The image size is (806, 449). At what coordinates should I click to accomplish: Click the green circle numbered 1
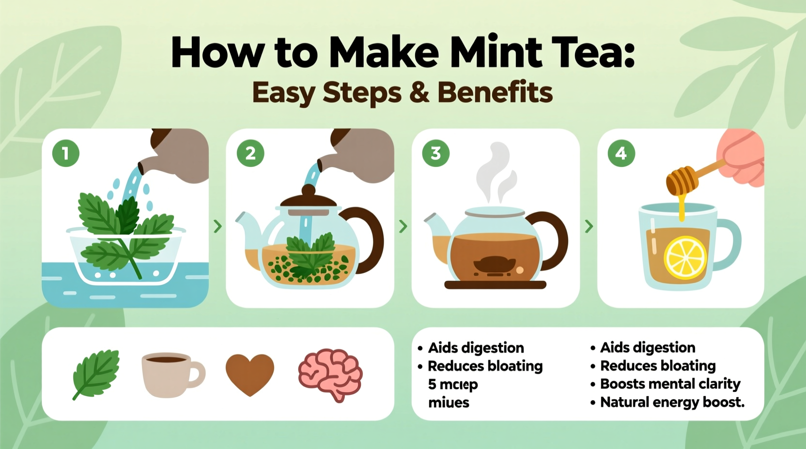pos(65,153)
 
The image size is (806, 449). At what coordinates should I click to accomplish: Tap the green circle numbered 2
pos(250,153)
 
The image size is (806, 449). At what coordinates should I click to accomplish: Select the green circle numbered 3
pos(435,153)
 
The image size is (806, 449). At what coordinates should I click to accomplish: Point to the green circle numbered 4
pos(621,153)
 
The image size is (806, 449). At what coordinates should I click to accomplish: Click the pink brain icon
pos(330,374)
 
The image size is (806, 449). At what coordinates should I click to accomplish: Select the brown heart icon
pos(250,374)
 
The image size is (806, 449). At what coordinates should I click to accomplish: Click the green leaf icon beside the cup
pos(96,373)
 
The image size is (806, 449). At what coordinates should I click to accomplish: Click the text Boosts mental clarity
pos(670,384)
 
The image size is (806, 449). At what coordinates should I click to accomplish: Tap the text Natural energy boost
pos(672,402)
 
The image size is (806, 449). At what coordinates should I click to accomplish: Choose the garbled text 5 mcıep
pos(453,384)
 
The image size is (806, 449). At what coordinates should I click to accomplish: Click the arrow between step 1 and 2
pos(217,226)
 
